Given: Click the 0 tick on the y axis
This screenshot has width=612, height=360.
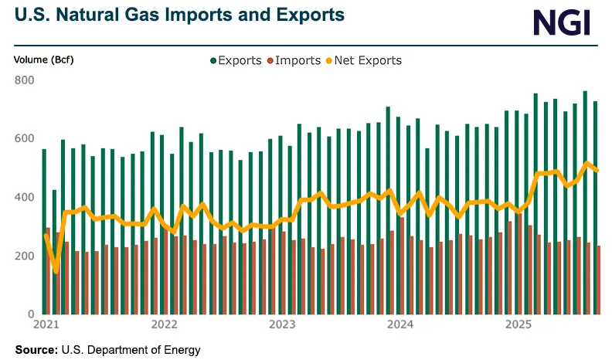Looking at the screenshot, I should click(31, 315).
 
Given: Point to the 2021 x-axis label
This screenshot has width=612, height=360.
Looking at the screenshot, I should click(47, 325).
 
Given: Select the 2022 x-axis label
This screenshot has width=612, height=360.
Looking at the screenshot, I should click(165, 325).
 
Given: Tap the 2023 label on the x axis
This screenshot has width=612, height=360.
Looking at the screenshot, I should click(282, 325).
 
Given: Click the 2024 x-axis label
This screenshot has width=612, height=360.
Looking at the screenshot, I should click(399, 325).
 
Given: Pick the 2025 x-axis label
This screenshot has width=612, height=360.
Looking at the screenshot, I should click(517, 325).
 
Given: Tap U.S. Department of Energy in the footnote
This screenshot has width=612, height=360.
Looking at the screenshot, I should click(131, 350).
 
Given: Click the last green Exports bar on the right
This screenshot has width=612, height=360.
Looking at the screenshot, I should click(594, 209).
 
